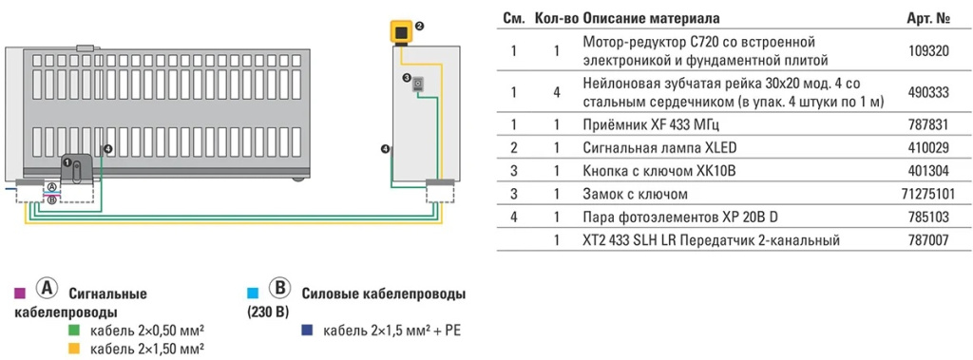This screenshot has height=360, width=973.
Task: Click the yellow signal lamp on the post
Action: click(x=402, y=31)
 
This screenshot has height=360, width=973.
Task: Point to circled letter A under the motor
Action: click(x=52, y=189)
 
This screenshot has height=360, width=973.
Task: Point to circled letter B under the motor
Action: click(x=52, y=199)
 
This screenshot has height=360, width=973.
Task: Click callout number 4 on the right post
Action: click(x=385, y=149)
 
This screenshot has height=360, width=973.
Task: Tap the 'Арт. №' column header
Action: click(x=930, y=19)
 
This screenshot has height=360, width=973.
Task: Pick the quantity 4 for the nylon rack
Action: click(x=557, y=93)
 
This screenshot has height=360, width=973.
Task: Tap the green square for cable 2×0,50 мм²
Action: click(x=74, y=331)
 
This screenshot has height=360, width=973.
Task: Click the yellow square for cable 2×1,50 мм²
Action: click(x=74, y=350)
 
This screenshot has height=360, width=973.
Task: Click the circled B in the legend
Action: click(x=280, y=290)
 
